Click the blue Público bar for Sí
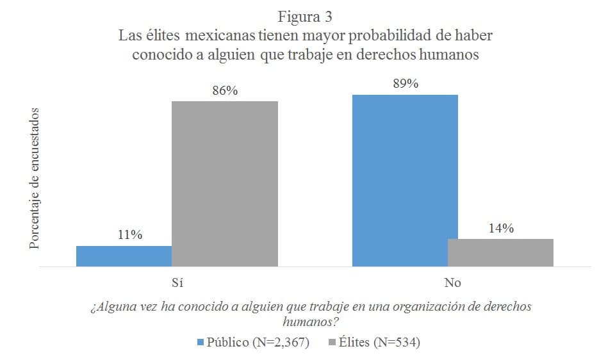coord(124,256)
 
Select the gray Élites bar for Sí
coord(224,183)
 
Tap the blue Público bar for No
coord(405,180)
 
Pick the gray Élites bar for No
coord(500,252)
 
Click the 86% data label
coord(225,91)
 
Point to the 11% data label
coord(129,235)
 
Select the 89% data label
coord(405,84)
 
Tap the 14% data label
coord(500,228)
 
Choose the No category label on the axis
coord(453,283)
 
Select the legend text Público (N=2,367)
coord(258,343)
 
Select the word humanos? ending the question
coord(311,320)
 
